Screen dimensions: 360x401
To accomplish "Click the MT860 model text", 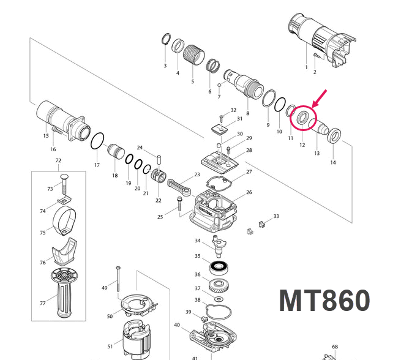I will tap(324, 301).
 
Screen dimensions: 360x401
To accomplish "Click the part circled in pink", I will tap(302, 118).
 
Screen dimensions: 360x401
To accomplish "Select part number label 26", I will tap(249, 192).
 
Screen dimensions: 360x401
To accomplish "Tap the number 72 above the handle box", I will tap(59, 161).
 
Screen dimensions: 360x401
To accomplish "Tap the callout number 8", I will tap(247, 114).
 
